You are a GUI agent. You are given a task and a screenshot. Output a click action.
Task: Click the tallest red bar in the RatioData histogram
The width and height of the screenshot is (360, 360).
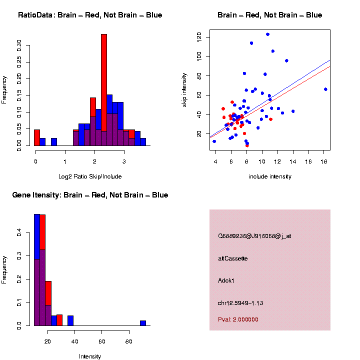104,90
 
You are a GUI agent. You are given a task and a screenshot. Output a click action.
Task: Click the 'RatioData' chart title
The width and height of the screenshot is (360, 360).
90,15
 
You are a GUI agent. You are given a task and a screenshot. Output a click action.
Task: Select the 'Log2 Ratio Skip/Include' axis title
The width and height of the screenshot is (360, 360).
89,176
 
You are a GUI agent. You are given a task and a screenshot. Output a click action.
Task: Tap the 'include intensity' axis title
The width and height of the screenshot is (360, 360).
270,176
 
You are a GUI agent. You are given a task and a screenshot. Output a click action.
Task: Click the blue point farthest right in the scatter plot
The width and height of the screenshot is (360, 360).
325,89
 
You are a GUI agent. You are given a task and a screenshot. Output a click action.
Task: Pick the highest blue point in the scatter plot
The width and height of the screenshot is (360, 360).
267,34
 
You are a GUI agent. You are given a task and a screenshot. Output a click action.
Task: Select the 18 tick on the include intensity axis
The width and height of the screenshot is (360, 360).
324,162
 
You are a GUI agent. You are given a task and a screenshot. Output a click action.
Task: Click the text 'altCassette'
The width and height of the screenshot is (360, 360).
233,258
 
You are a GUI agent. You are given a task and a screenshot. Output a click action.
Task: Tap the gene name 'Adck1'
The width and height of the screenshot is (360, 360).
226,280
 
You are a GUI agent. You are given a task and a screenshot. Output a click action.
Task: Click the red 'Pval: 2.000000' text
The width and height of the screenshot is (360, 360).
238,319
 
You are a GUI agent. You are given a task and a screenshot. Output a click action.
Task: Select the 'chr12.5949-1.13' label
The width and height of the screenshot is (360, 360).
240,303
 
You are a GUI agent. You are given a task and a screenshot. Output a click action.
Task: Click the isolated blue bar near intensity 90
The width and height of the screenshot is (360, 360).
143,323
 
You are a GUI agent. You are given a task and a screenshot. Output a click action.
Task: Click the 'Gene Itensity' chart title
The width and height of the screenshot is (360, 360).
90,195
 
